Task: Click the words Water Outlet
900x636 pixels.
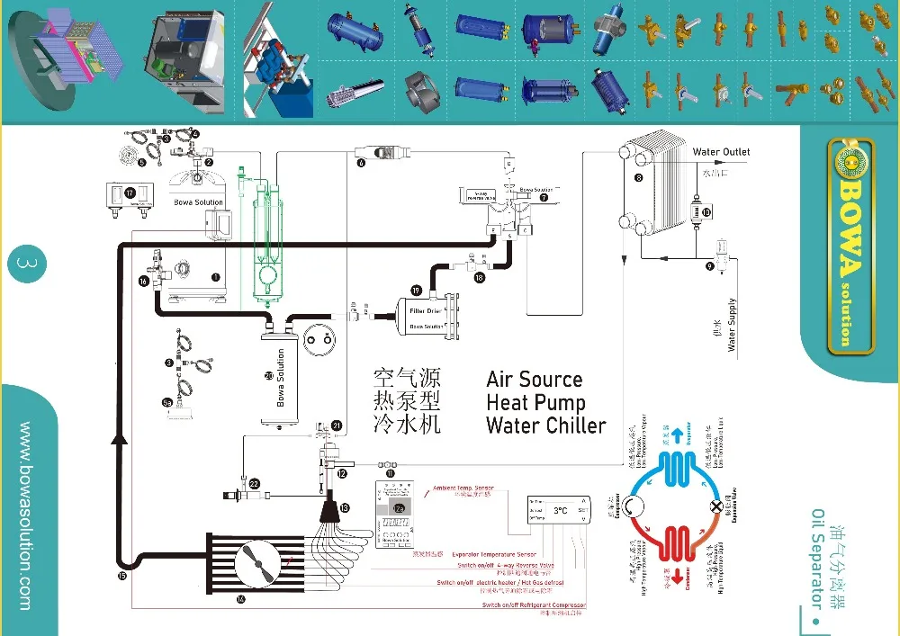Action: point(721,152)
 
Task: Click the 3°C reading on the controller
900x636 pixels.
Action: point(561,511)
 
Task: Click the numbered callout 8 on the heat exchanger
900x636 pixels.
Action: point(638,179)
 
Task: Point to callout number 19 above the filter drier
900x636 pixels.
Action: point(415,290)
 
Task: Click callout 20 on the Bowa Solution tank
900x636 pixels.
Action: point(268,376)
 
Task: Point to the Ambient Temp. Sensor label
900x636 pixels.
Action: point(463,488)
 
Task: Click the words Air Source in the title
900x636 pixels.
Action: point(534,379)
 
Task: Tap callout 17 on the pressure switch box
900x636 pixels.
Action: point(130,193)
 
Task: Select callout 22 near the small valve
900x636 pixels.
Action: point(255,484)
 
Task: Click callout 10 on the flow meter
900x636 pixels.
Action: point(706,212)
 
